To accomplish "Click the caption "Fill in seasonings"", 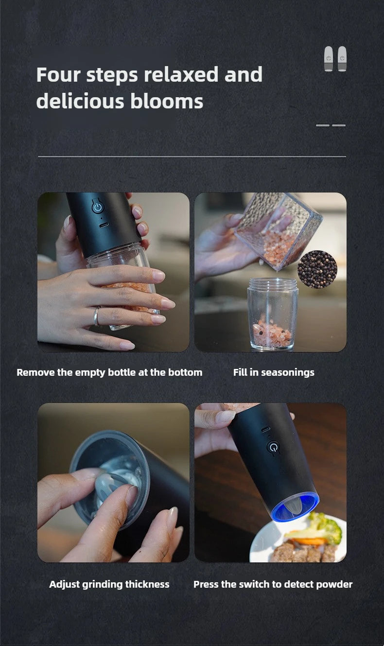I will pyautogui.click(x=274, y=372).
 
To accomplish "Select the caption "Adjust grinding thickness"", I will pyautogui.click(x=109, y=584).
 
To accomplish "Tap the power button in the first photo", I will pyautogui.click(x=98, y=207).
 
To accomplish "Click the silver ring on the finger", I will pyautogui.click(x=97, y=316).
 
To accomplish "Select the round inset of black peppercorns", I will pyautogui.click(x=317, y=269).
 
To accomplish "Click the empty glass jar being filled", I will pyautogui.click(x=272, y=314).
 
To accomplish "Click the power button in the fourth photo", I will pyautogui.click(x=273, y=447).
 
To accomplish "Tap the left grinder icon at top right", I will pyautogui.click(x=329, y=59).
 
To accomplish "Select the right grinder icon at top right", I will pyautogui.click(x=342, y=59).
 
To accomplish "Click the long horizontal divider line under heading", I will pyautogui.click(x=192, y=157).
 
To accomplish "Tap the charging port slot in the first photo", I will pyautogui.click(x=104, y=225).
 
